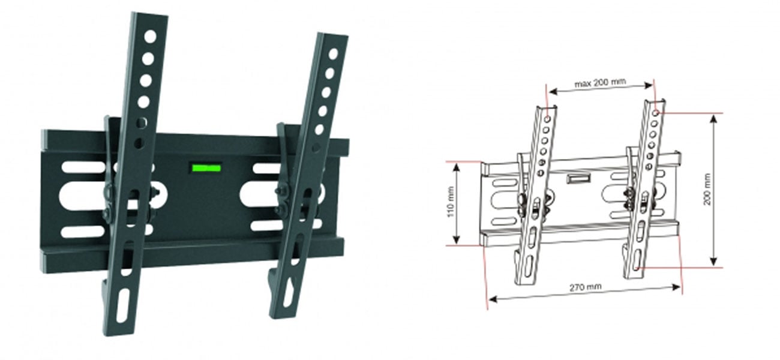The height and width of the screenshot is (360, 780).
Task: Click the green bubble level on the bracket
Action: tap(206, 169)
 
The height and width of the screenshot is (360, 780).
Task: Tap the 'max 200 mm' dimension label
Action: tap(600, 83)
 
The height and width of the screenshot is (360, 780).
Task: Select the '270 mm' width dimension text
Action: tap(585, 287)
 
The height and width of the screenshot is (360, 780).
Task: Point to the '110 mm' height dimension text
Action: tap(451, 202)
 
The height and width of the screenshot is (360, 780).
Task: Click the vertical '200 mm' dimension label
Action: tap(707, 190)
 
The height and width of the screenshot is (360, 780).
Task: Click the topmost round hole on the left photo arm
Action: tap(151, 37)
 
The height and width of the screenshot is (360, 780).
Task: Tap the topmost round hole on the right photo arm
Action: tap(333, 54)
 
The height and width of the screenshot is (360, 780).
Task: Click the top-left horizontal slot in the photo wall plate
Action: tap(83, 167)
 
